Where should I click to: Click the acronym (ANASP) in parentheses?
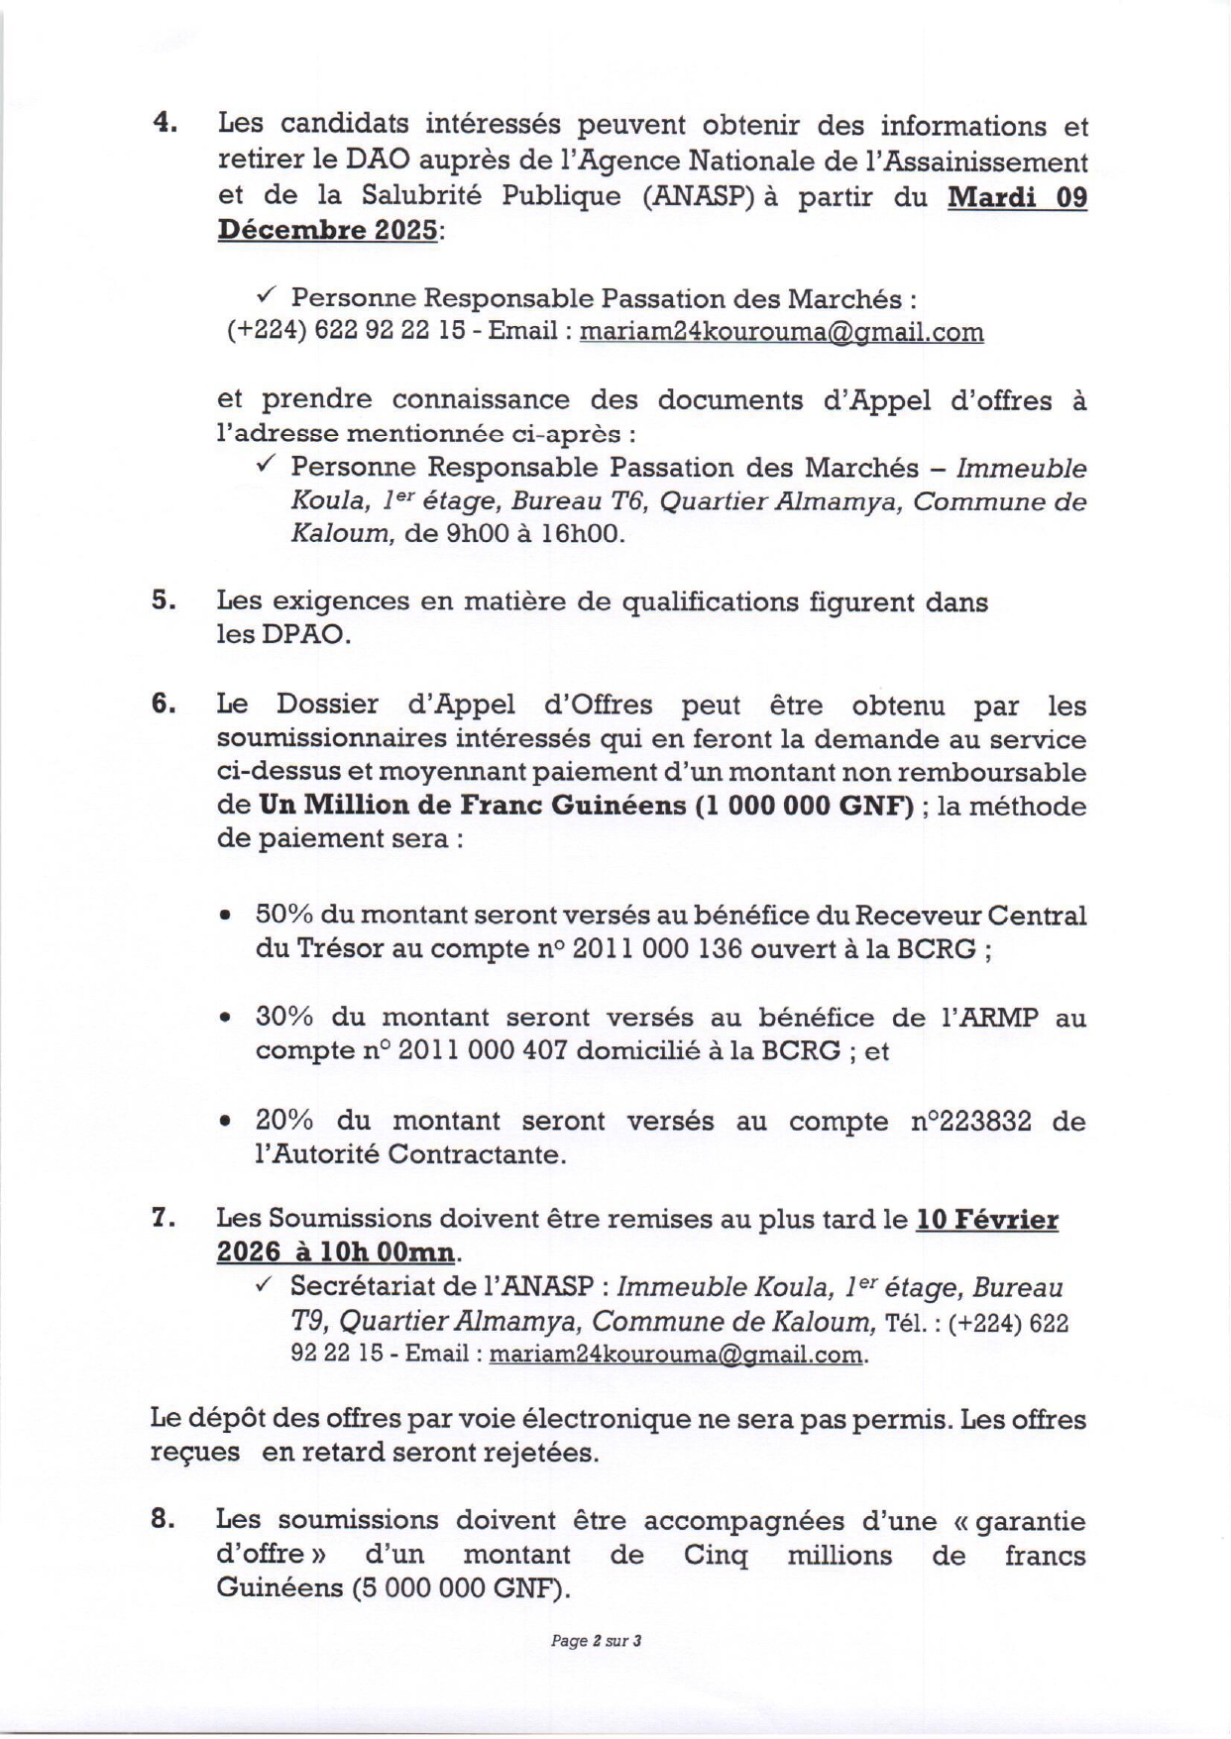tap(700, 195)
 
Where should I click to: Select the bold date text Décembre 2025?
tap(327, 230)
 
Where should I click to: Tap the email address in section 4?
tap(781, 332)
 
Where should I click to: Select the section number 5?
tap(164, 600)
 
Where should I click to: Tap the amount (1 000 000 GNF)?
tap(804, 806)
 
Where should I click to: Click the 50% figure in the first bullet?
tap(283, 915)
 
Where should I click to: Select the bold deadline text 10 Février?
tap(986, 1219)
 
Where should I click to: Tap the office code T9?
tap(306, 1322)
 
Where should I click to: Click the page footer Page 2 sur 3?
tap(597, 1669)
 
